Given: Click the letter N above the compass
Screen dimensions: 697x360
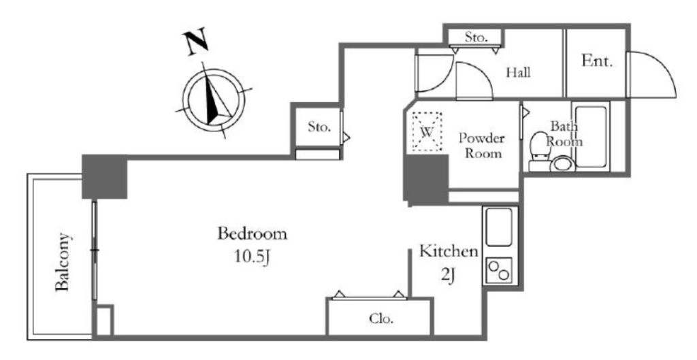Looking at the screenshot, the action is click(196, 42).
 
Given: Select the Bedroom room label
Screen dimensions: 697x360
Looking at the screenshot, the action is click(252, 234).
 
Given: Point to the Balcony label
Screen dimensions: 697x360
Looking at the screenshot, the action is click(63, 262).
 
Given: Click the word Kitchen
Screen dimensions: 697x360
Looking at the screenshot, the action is click(449, 251).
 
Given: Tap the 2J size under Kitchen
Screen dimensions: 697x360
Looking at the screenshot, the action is click(449, 276).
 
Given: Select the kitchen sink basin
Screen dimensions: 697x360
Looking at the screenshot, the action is click(499, 227).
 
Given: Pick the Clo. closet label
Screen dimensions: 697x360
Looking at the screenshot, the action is click(381, 318).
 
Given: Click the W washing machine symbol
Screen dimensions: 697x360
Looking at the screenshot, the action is click(427, 131).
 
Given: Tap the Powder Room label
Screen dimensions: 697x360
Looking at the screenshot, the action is click(482, 146).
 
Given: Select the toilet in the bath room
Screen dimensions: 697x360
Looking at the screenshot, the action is click(540, 151).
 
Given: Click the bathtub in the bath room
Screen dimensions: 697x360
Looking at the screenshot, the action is click(590, 137).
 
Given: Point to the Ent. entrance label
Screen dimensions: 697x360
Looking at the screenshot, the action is click(597, 61).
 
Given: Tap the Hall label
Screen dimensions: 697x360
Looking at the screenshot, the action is click(518, 72).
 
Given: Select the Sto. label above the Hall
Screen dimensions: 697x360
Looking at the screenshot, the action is click(476, 38).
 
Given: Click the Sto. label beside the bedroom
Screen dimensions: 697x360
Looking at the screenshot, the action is click(320, 127).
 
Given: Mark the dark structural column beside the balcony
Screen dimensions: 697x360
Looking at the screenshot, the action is click(104, 177).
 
